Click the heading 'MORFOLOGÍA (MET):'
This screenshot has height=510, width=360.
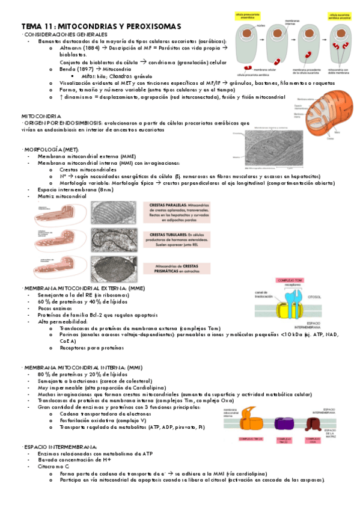coord(50,149)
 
